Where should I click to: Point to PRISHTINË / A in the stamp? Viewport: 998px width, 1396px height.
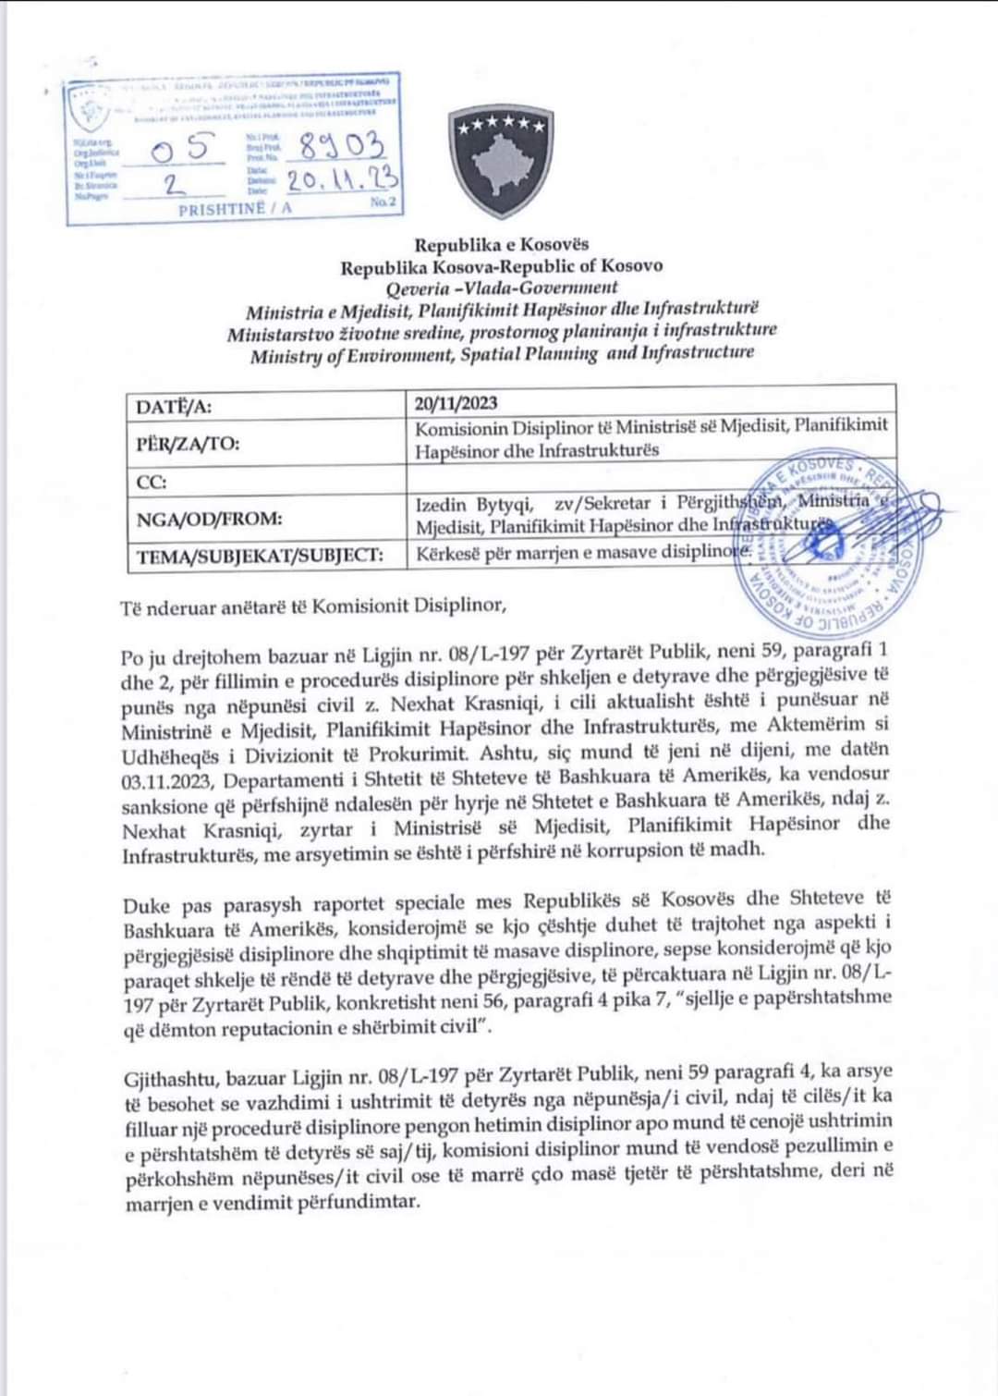pos(235,209)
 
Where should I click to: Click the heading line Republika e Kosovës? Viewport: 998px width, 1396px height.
pos(501,245)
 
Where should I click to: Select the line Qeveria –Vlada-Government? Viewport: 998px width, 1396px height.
pos(502,288)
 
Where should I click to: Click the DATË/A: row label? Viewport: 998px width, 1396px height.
pos(174,407)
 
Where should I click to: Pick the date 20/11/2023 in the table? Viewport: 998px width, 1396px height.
pos(456,402)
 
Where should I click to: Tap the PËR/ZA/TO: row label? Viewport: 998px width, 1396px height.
pos(188,443)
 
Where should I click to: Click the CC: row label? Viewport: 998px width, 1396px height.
pos(152,482)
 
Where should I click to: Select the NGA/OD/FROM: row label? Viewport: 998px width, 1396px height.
pos(209,519)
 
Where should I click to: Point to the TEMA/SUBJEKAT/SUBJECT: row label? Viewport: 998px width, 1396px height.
pos(259,556)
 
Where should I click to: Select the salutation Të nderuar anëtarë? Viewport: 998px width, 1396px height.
pos(212,606)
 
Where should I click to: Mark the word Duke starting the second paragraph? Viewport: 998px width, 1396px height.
pos(146,900)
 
